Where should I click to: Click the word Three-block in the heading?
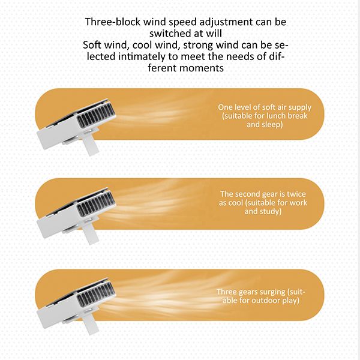(x=113, y=22)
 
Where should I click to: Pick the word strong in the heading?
(x=198, y=45)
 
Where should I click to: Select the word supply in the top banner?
(x=300, y=107)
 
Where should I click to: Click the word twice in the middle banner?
(x=296, y=194)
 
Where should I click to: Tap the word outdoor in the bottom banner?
(x=266, y=301)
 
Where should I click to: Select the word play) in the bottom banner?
(x=290, y=301)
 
